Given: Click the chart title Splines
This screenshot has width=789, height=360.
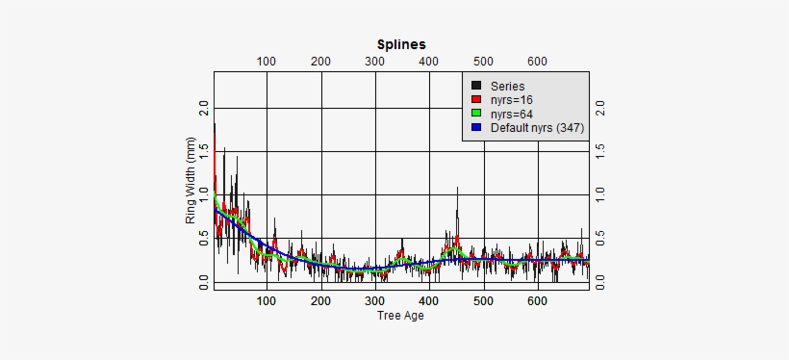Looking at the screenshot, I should point(400,44).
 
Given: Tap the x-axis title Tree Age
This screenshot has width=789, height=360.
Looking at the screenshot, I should point(400,315).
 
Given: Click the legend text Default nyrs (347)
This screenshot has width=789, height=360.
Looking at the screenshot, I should point(537,127).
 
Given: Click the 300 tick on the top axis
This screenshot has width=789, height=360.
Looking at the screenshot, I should point(375,62).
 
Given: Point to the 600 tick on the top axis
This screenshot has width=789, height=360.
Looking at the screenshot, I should point(538,62).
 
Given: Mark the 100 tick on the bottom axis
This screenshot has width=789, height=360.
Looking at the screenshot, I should point(267,300).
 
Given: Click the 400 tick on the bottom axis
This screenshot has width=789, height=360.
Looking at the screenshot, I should point(429,300).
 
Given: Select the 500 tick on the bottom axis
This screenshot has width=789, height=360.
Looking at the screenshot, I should point(484,300).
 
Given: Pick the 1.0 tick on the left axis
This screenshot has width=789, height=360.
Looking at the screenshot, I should point(203,194).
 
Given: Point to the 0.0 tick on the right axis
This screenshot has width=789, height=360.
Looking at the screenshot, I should point(600,281).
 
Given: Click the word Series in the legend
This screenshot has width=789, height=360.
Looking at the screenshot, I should point(507,86).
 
